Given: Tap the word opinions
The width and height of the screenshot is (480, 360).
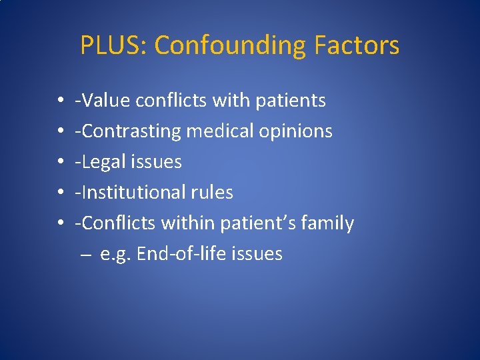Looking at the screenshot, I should pos(299,131).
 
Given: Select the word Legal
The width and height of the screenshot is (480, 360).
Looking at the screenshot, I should pos(103,162).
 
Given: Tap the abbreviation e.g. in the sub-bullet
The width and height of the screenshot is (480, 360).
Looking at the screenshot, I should pos(115,254).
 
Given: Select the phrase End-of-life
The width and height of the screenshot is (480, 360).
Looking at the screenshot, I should pos(181,254).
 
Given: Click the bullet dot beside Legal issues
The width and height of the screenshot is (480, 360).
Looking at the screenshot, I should pos(61,162).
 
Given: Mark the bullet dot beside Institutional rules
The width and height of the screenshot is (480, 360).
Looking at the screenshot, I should pos(61,193).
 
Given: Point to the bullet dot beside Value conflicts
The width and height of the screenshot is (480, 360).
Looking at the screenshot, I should pos(61,101).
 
